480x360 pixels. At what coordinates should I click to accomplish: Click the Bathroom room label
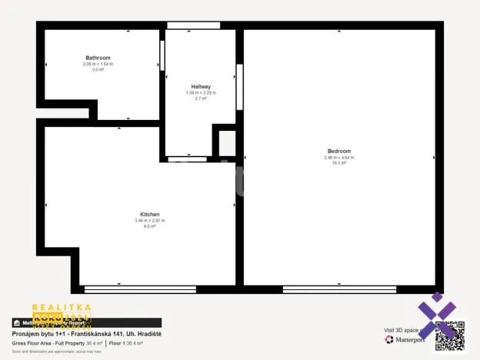98,58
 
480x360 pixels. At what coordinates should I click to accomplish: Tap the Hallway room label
201,86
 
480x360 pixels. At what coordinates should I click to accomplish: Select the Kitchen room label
149,214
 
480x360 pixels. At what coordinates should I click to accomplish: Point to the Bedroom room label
338,151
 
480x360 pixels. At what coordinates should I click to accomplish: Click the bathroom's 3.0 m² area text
98,69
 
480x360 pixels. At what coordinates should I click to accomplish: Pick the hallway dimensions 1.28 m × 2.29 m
201,93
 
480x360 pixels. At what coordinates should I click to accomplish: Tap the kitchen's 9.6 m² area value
149,226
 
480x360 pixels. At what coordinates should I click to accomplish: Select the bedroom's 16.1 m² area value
338,163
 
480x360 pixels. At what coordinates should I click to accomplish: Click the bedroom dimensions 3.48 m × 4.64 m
338,158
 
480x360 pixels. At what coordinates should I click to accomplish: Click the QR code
449,335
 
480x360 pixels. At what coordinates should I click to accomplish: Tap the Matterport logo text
408,339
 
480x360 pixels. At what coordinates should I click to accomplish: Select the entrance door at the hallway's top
188,25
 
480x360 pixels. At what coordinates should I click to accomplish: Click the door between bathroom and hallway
162,55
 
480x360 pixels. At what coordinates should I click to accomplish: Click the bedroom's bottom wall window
339,289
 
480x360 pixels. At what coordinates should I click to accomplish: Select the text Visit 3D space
402,330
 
